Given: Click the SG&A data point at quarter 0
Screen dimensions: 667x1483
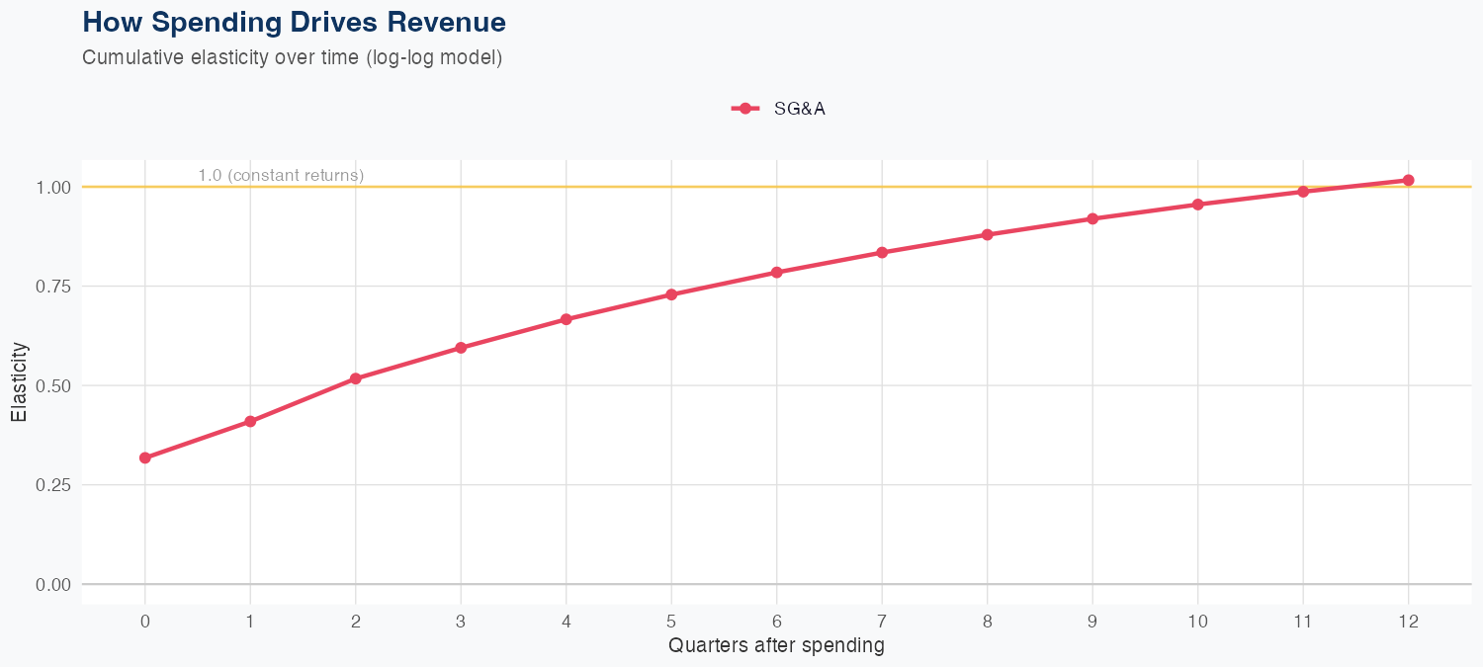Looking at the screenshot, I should [x=145, y=458].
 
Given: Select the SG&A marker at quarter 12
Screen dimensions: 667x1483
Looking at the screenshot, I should [x=1409, y=180].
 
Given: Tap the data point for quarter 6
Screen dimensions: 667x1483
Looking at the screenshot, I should [x=777, y=272].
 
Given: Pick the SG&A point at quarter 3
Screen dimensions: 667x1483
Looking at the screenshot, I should [x=461, y=348].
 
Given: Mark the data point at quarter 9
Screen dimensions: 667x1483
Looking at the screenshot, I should [x=1092, y=218].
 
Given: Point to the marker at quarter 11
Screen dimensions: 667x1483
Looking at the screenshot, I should [x=1303, y=192].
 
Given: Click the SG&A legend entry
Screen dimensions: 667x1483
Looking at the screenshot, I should [x=779, y=109].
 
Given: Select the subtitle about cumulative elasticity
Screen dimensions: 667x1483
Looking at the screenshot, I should [x=293, y=57].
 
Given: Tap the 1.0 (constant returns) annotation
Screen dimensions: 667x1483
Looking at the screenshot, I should [x=281, y=176].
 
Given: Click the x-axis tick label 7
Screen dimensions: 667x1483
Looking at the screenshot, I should [x=882, y=622].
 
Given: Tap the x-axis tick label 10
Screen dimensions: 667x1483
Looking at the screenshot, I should [x=1197, y=622].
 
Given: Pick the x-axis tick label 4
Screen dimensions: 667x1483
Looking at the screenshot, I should [x=567, y=622].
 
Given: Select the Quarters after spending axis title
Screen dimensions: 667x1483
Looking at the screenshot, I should [x=776, y=646].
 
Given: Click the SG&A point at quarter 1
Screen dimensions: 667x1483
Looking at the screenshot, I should [x=250, y=422].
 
